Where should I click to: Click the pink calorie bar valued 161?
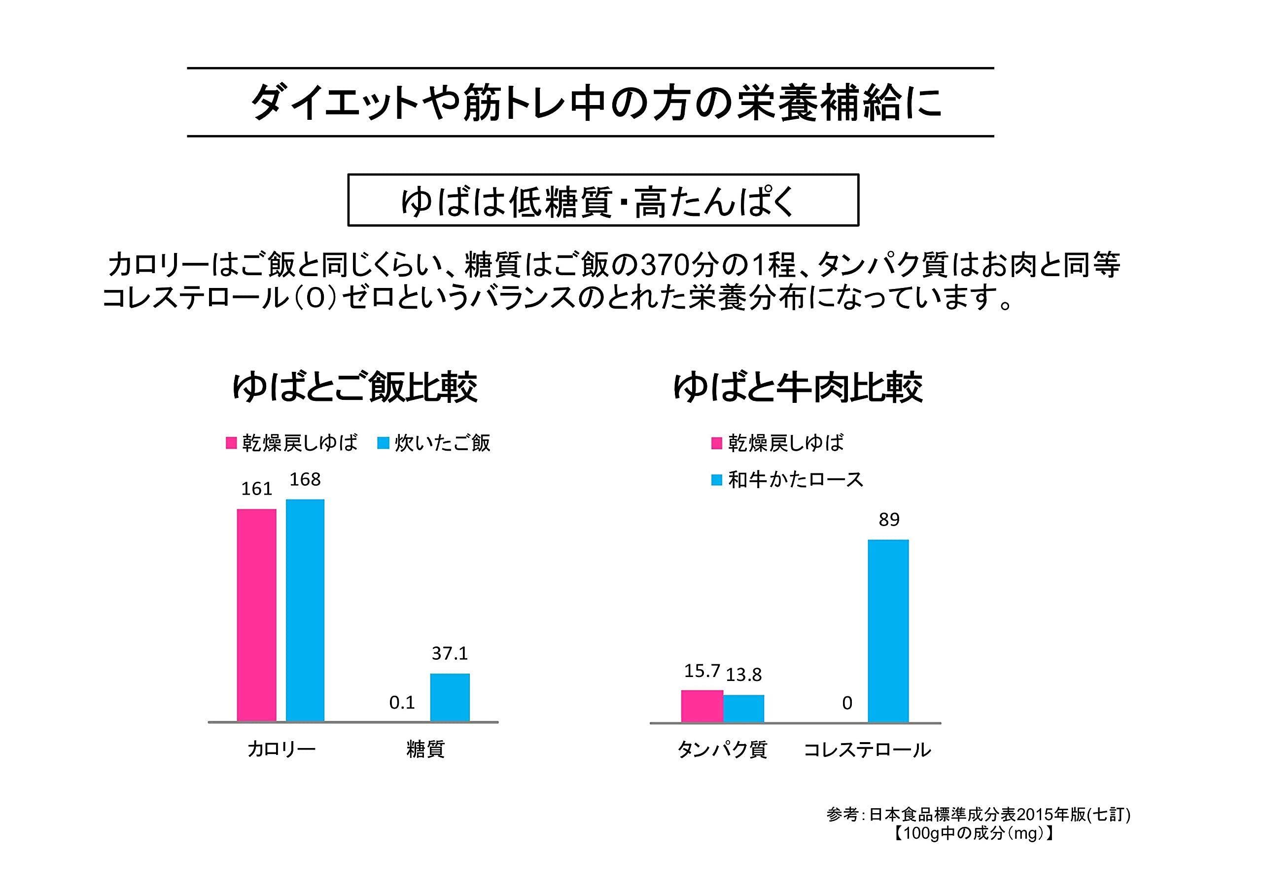256,614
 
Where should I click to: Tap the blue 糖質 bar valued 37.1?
450,697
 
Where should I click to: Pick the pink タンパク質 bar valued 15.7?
702,706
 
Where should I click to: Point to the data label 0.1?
402,702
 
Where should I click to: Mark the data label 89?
889,520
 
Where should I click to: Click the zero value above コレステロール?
847,703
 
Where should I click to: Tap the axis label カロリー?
281,749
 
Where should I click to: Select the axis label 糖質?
425,749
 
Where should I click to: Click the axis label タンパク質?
722,749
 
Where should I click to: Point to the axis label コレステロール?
867,750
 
